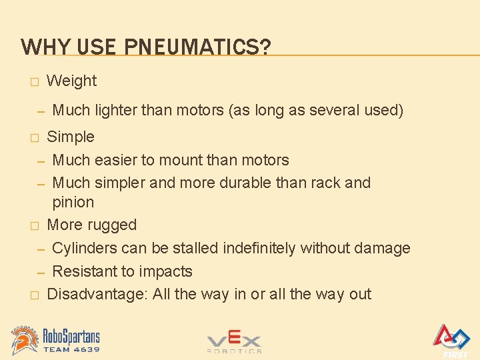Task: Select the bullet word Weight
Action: pos(71,81)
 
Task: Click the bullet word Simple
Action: pos(71,137)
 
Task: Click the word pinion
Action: pos(73,202)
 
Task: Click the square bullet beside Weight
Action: pos(33,82)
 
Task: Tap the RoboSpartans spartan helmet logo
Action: pos(25,339)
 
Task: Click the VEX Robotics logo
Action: pos(234,341)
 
